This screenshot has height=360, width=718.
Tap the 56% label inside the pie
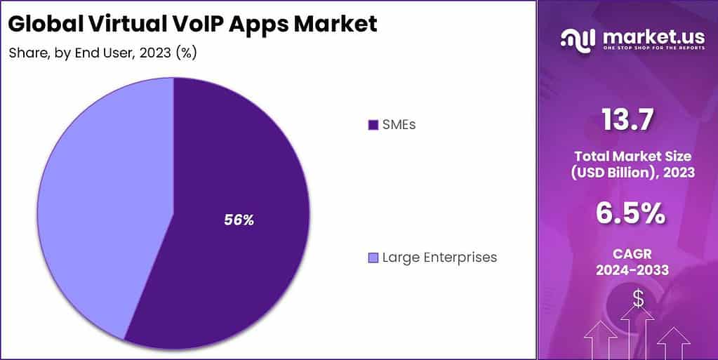239,220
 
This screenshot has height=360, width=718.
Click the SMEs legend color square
373,126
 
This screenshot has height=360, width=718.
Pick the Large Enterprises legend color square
373,258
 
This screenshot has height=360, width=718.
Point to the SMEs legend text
399,125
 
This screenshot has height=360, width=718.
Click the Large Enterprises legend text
439,258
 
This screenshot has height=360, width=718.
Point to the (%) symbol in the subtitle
186,53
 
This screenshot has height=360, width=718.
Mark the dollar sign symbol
638,298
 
